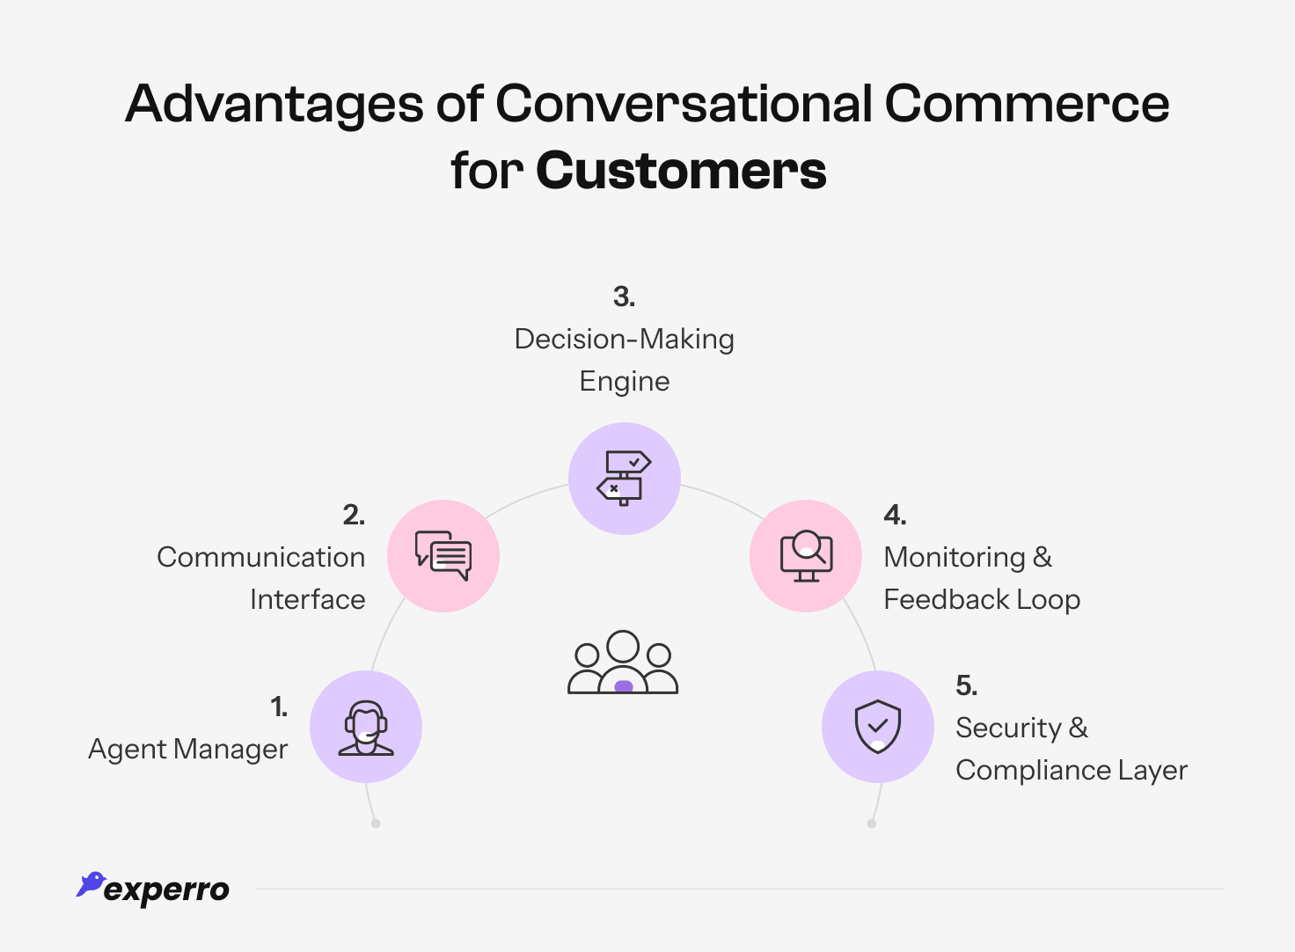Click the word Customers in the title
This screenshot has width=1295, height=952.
tap(681, 170)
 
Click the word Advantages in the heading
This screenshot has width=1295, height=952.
tap(274, 104)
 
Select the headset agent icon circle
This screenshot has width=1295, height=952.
tap(366, 727)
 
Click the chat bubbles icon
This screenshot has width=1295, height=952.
tap(443, 556)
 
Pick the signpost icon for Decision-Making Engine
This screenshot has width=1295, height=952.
tap(625, 479)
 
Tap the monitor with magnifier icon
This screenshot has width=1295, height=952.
tap(806, 556)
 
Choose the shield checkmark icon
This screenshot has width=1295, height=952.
tap(878, 727)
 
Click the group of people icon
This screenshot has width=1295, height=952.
tap(623, 663)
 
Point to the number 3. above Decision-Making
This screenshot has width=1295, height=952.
tap(624, 297)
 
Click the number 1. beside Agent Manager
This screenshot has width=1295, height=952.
tap(279, 707)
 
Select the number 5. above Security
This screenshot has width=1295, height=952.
tap(966, 685)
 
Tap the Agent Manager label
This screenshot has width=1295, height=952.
tap(187, 749)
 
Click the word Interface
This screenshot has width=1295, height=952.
tap(307, 599)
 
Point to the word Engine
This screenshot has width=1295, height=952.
tap(624, 382)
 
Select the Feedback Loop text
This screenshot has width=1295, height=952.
tap(982, 599)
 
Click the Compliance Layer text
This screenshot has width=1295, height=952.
tap(1071, 770)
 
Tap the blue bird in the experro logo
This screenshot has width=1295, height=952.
tap(91, 883)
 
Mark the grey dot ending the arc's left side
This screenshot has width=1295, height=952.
tap(376, 824)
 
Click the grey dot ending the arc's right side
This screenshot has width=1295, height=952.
tap(872, 824)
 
